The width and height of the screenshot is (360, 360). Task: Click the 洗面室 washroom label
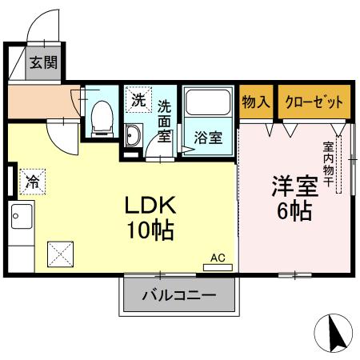[164, 120]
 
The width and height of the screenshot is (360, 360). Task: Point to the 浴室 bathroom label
[208, 136]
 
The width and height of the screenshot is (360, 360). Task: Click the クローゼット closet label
[314, 102]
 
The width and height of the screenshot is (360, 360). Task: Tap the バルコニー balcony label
[179, 295]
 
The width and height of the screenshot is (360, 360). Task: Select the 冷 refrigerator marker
[33, 182]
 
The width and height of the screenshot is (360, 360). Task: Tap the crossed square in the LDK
[61, 254]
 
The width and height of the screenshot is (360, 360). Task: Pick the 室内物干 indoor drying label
[329, 164]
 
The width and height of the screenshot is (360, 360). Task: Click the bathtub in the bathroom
[208, 106]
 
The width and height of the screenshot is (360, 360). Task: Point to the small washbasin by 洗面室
[133, 135]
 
